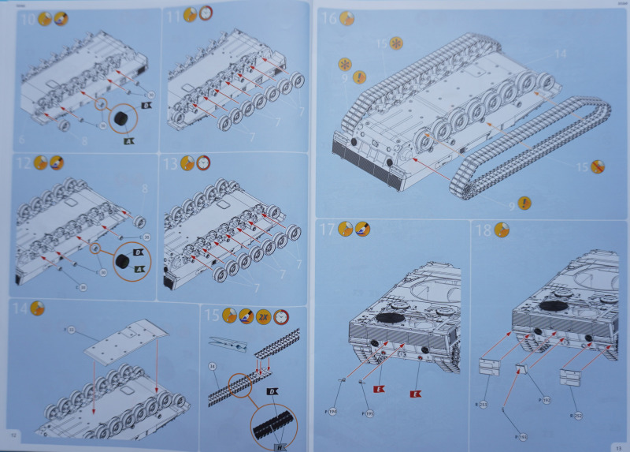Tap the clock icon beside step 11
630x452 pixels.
coord(206,13)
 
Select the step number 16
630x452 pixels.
coord(328,18)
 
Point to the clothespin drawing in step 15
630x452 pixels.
coord(228,346)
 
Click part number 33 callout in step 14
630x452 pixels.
coord(71,329)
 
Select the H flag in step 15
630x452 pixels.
coord(280,445)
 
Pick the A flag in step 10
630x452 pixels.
coord(128,141)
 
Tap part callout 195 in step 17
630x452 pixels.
coord(369,412)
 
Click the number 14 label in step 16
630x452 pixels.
coord(560,54)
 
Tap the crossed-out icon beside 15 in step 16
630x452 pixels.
coord(598,167)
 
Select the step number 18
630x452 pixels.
coord(483,230)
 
